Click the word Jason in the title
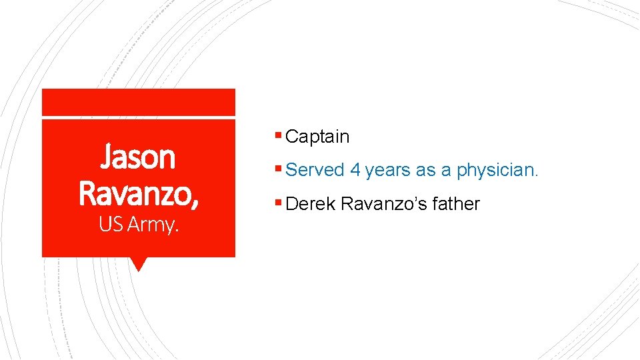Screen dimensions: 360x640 138,158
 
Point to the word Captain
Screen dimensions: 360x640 317,137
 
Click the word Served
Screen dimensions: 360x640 315,170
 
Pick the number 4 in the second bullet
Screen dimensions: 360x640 355,170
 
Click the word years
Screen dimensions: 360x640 388,171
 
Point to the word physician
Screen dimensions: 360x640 497,170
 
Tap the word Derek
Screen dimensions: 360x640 310,203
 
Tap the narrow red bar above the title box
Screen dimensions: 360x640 139,102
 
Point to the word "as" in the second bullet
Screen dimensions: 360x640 425,171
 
